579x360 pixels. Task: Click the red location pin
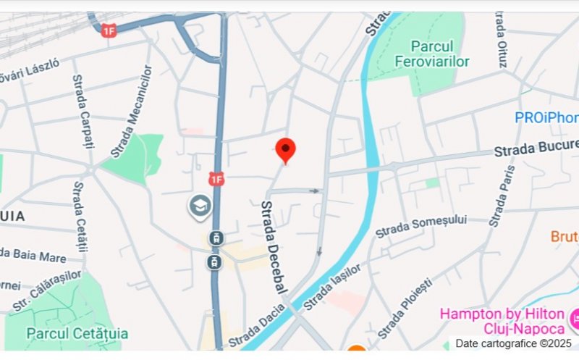tap(286, 151)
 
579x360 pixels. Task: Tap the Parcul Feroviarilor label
tap(432, 54)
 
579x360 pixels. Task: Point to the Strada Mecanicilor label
tap(132, 112)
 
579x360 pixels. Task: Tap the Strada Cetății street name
tap(80, 217)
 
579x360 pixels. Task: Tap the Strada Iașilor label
tap(332, 287)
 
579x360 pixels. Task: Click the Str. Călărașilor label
tap(47, 290)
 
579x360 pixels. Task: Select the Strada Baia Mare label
tap(33, 255)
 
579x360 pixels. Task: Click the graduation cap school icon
tap(200, 206)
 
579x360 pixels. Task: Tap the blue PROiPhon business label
tap(546, 117)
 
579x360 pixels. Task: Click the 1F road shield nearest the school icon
tap(216, 177)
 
